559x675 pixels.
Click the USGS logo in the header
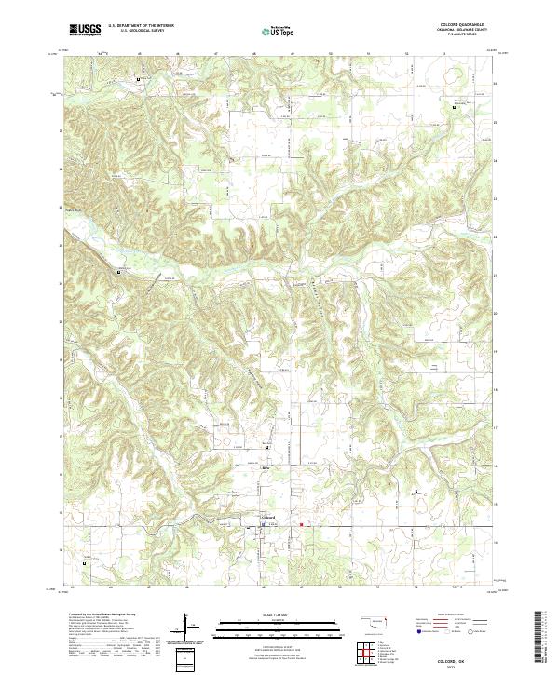click(x=85, y=31)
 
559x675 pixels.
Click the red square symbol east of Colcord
click(x=302, y=524)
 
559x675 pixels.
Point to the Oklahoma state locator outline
click(x=374, y=621)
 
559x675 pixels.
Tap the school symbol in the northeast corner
click(x=455, y=110)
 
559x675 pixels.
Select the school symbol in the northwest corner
click(x=140, y=80)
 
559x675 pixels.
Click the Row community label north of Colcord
click(x=266, y=468)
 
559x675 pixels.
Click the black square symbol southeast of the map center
click(x=416, y=489)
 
